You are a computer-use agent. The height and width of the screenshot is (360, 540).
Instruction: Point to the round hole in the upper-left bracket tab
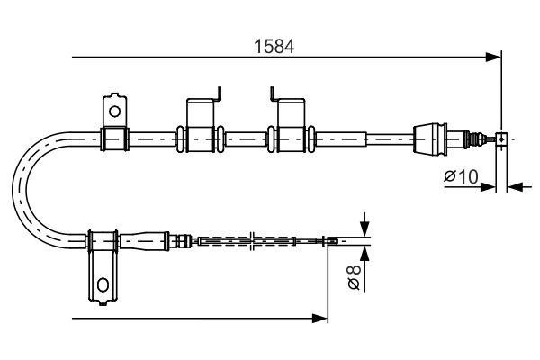point(114,112)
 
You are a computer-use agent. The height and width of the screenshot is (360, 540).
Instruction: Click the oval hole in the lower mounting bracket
point(103,286)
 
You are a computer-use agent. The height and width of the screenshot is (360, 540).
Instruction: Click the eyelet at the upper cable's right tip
point(501,139)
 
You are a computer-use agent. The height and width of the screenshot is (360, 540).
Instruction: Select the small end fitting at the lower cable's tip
point(331,240)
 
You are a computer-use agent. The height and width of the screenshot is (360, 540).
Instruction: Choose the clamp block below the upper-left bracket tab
point(114,139)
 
